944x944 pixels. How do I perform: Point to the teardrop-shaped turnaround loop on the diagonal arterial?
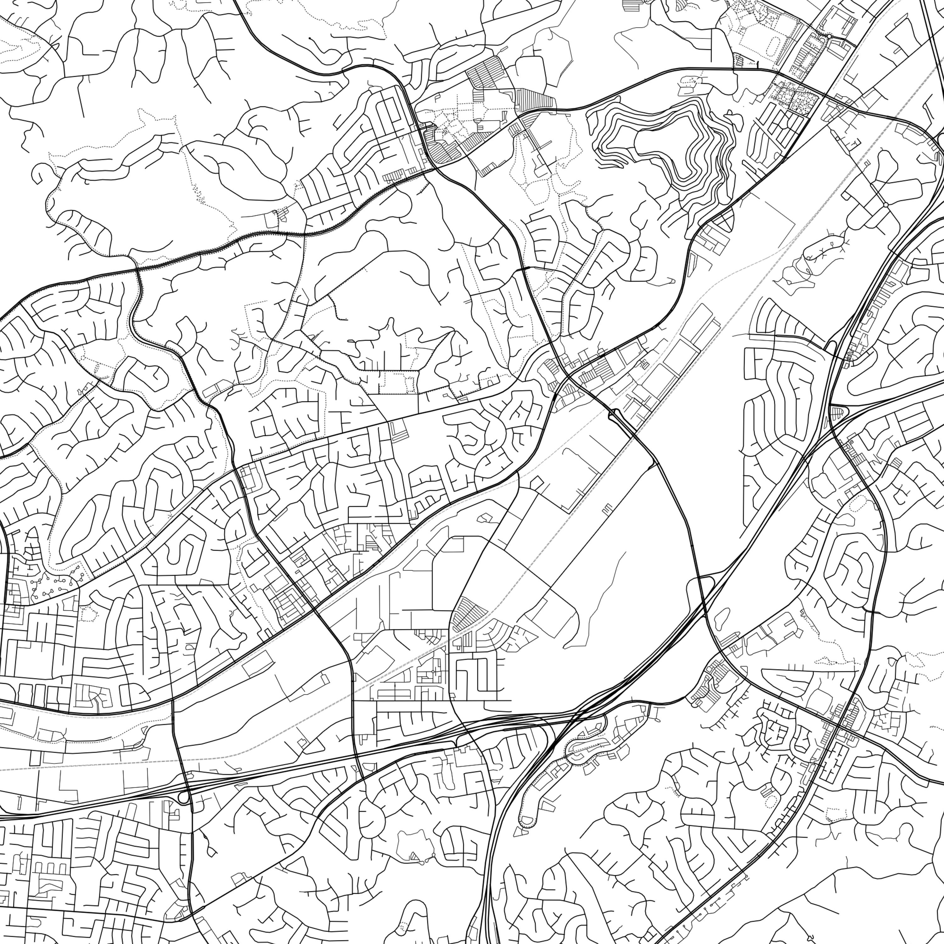pyautogui.click(x=613, y=415)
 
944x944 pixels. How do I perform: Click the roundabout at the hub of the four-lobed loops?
pyautogui.click(x=885, y=205)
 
